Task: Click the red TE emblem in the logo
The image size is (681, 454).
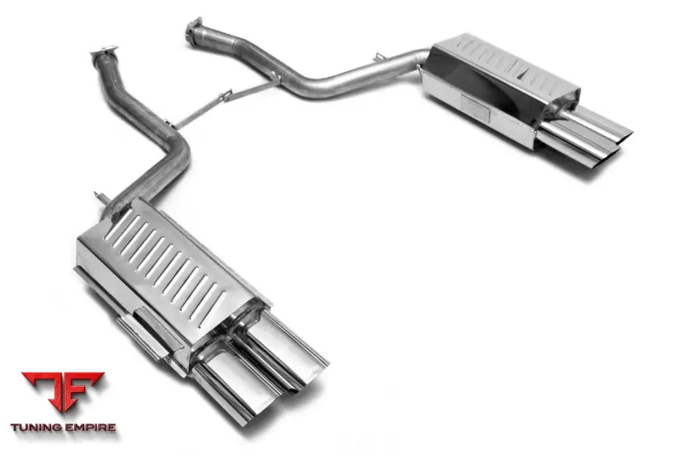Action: [x=62, y=392]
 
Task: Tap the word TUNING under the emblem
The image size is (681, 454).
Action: [x=38, y=428]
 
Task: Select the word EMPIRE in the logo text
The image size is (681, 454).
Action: [x=90, y=428]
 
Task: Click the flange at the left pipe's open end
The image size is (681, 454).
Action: [x=103, y=54]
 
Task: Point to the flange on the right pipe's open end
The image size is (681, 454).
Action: [x=195, y=29]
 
